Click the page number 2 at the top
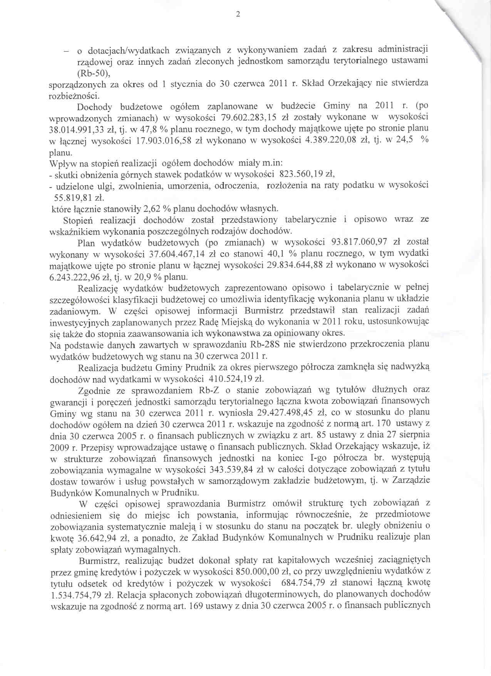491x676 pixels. coord(238,15)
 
